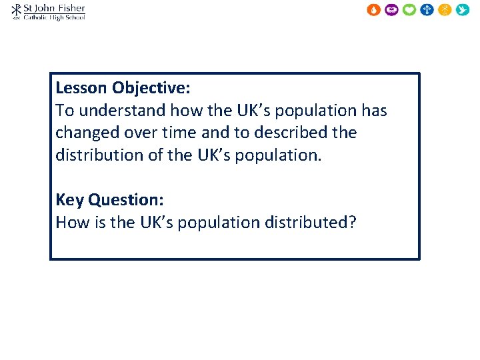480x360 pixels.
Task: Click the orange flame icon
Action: pos(374,10)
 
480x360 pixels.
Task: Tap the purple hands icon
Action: pos(392,10)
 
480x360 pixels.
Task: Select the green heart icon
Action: pos(409,10)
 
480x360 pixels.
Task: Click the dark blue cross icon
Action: pos(427,10)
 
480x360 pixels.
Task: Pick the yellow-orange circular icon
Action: pos(445,10)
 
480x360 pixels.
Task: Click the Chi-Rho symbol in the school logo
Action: pos(16,11)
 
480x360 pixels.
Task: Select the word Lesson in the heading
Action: pos(82,87)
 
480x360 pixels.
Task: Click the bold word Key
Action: pos(70,200)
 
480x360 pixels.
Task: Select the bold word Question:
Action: pos(127,200)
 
